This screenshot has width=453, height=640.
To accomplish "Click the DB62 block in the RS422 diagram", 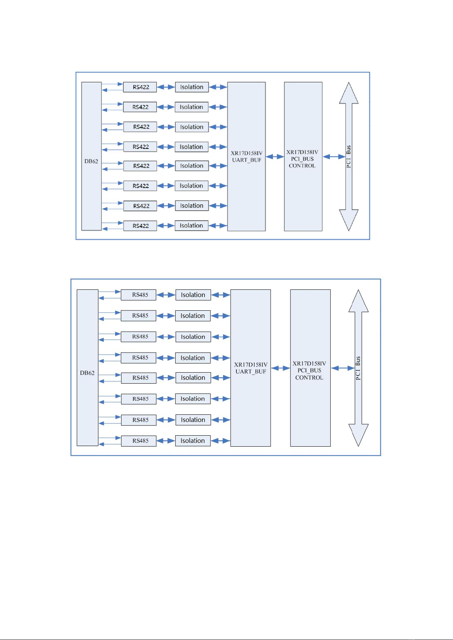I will click(x=91, y=156).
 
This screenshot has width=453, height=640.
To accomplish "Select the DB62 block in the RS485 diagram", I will click(x=87, y=368).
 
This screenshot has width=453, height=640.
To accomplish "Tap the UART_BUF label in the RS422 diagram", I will click(x=247, y=160).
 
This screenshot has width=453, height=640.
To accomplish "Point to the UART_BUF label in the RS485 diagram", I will click(x=251, y=371).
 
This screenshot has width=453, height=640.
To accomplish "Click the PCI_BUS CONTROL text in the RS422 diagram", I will click(x=303, y=162).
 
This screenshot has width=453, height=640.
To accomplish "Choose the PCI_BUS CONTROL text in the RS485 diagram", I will click(x=309, y=374).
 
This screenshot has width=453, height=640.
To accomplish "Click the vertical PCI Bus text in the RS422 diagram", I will click(x=348, y=156).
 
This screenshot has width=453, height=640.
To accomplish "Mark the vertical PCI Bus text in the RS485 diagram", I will click(x=358, y=368).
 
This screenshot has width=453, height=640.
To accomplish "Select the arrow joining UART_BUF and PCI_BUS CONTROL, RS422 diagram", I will click(x=275, y=156).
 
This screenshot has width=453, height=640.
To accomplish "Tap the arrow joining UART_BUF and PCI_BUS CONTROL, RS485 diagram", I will click(x=280, y=368).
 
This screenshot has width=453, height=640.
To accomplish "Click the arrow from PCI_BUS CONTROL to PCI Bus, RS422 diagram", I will click(x=334, y=156).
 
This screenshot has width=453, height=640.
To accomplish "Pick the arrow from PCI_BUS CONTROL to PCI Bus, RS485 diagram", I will click(x=343, y=368).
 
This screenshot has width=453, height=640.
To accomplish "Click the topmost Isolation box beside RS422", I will click(x=192, y=87).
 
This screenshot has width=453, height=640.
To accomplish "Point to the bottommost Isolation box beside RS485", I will click(x=193, y=441).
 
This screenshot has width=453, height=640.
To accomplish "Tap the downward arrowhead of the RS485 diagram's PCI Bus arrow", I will click(x=358, y=435).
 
